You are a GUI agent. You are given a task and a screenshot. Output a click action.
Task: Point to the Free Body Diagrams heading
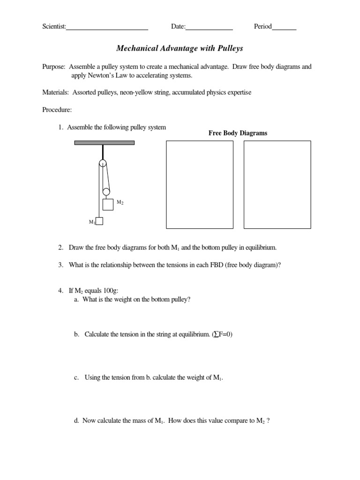pos(238,133)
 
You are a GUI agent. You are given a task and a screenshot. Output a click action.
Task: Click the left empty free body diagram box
pos(200,185)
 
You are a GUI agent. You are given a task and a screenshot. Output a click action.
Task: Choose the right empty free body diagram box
pos(277,185)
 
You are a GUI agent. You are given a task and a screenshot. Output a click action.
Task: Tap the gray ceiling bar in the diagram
pos(104,142)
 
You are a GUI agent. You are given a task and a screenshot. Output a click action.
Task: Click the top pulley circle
pos(103,163)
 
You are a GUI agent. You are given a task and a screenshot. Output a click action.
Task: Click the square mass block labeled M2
pos(108,205)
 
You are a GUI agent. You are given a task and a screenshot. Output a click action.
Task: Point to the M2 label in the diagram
pos(120,202)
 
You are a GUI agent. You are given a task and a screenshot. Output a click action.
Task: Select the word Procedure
pos(57,110)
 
